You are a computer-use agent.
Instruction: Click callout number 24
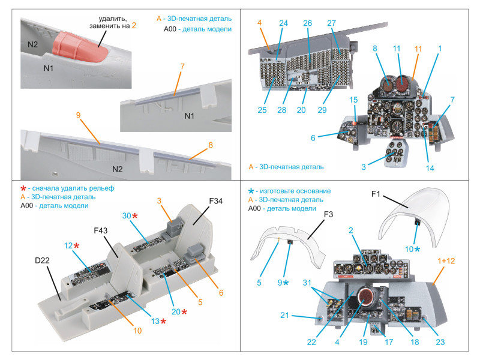coord(283,23)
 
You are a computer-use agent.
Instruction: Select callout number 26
coord(307,23)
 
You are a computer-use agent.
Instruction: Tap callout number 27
coord(331,23)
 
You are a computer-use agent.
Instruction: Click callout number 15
coord(353,100)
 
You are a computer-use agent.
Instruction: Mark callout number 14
coord(430,169)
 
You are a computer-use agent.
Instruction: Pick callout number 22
coord(311,343)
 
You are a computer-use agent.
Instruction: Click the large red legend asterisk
coord(24,188)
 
